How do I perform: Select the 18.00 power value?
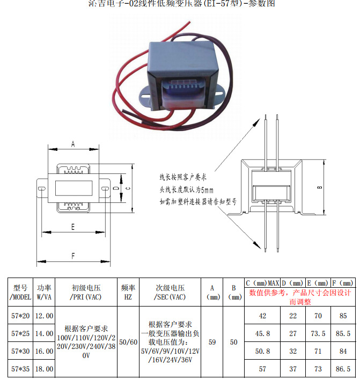(x=44, y=369)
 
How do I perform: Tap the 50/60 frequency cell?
(x=128, y=342)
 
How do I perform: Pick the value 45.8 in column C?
(x=262, y=333)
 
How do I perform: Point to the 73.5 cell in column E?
(x=318, y=333)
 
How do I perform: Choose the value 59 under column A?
(x=212, y=342)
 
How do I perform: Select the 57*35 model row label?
(x=21, y=369)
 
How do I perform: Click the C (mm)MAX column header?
(x=262, y=283)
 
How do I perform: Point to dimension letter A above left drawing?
(x=73, y=144)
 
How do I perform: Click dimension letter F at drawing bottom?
(x=73, y=256)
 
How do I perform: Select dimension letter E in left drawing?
(x=72, y=227)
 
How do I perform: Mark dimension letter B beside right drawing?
(x=319, y=187)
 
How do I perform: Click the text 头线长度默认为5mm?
(x=186, y=189)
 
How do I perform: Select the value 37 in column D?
(x=293, y=369)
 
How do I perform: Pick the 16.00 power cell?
(x=44, y=351)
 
